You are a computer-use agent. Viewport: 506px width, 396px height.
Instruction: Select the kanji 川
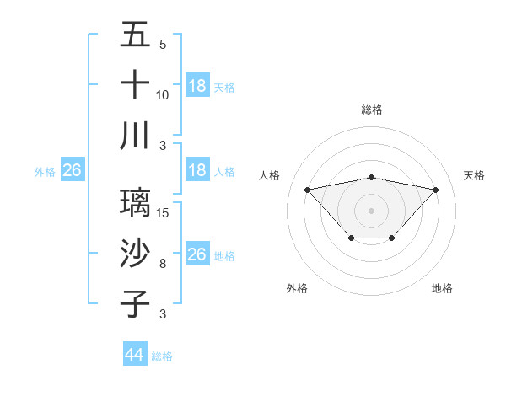135,136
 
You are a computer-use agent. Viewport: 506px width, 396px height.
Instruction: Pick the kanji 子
135,304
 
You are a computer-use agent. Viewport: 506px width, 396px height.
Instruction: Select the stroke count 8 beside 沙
162,264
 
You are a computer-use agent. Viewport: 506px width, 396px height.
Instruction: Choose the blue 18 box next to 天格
197,85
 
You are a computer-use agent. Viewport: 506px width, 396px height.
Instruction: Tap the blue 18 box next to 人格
197,170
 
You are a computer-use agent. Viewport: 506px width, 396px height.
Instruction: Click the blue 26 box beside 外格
73,170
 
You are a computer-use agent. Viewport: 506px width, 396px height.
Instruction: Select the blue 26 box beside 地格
197,254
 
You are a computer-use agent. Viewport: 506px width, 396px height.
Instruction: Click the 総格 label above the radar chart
371,110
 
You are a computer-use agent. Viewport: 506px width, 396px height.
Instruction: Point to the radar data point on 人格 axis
307,189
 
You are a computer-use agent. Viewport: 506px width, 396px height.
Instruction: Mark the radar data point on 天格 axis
435,190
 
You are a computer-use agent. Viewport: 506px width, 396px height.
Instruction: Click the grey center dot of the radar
371,210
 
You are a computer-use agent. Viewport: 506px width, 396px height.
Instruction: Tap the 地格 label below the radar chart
442,288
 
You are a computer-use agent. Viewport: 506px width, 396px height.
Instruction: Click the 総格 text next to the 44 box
162,356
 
